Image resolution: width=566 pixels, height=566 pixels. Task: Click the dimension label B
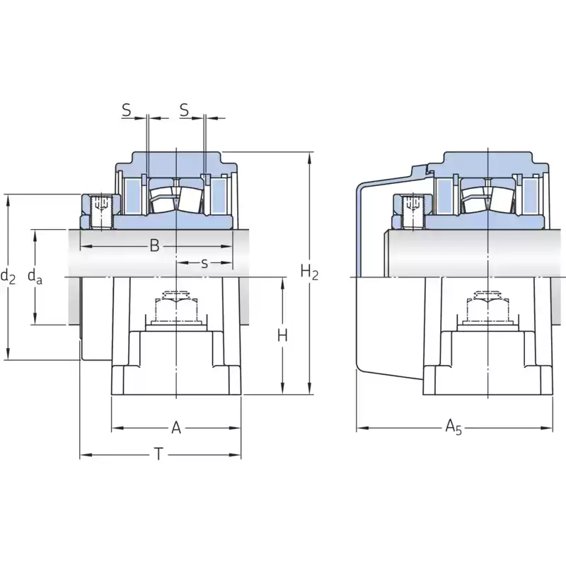tap(154, 246)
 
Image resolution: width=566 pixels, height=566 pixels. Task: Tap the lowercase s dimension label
tap(204, 263)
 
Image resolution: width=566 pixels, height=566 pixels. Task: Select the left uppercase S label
tap(127, 110)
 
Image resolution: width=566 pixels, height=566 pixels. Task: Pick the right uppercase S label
tap(184, 110)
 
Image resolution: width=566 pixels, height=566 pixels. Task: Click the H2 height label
tap(309, 272)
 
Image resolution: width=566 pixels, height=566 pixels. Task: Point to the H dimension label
tap(282, 335)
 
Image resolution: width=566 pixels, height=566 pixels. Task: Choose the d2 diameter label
tap(8, 277)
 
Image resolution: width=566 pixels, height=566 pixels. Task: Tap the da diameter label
tap(35, 277)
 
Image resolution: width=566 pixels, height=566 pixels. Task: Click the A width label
tap(176, 428)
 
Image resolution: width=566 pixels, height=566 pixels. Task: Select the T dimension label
tap(158, 454)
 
